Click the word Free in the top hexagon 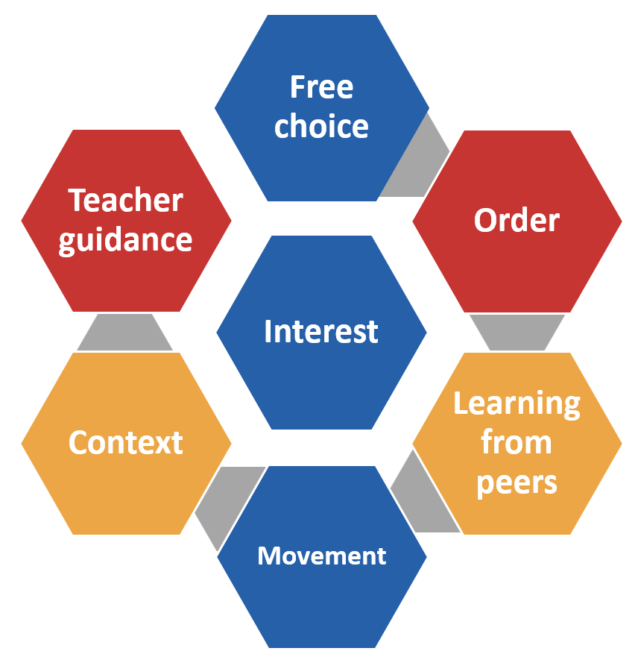coord(321,87)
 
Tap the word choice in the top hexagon coord(321,126)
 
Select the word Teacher coord(126,201)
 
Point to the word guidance coord(126,240)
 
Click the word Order coord(517,220)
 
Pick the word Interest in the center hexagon coord(321,331)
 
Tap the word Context coord(126,442)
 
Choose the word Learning coord(517,403)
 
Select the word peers coord(517,482)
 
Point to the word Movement coord(321,556)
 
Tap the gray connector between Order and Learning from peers coord(517,332)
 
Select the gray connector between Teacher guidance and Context coord(125,332)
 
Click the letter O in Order coord(485,221)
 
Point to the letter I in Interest coord(268,331)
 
